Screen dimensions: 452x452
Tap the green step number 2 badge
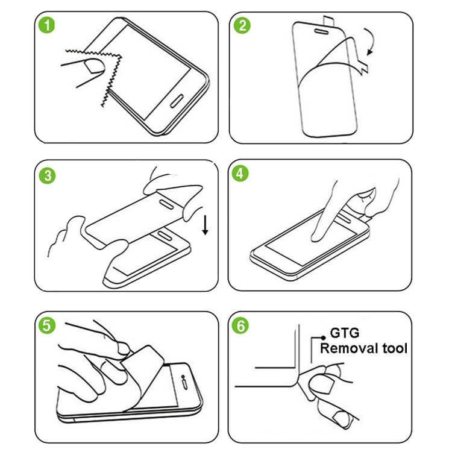[243, 27]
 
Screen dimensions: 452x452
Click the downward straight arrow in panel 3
[205, 225]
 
